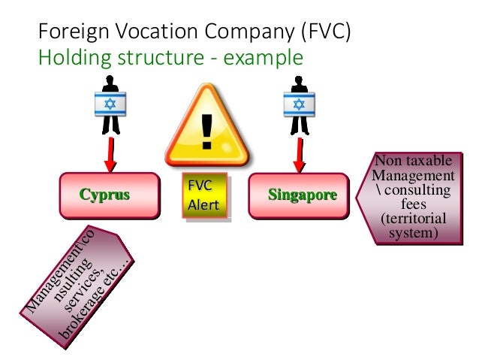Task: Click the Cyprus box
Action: tap(110, 195)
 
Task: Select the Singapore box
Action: tap(299, 195)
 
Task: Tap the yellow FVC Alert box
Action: tap(204, 196)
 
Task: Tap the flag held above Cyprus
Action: tap(110, 104)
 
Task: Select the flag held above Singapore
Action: tap(298, 104)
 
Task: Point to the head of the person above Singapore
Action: tap(298, 80)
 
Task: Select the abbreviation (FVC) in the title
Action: tap(323, 32)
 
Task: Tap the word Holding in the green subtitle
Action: tap(71, 57)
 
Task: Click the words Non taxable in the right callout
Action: tap(414, 161)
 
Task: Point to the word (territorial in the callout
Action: tap(414, 218)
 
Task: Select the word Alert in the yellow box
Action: tap(203, 204)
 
